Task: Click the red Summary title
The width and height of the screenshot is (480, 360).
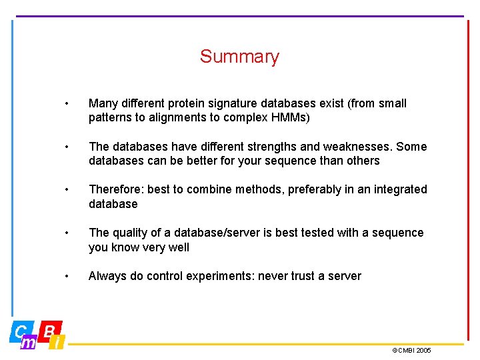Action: point(239,57)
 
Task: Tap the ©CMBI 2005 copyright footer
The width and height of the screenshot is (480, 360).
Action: point(411,350)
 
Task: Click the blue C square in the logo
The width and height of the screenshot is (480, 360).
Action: point(21,330)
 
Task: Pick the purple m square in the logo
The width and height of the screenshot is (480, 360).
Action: point(28,343)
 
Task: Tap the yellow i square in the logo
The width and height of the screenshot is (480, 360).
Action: point(58,343)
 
